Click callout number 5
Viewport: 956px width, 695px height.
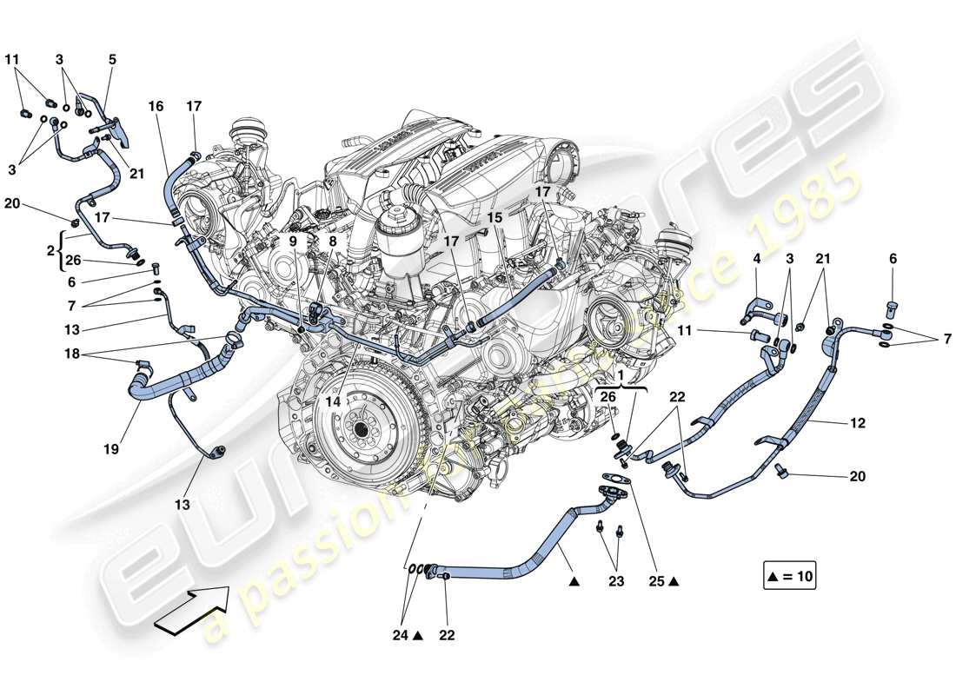pyautogui.click(x=112, y=60)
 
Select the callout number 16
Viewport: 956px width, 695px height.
pyautogui.click(x=156, y=106)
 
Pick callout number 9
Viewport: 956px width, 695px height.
pyautogui.click(x=293, y=242)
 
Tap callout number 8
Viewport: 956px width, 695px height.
pyautogui.click(x=332, y=242)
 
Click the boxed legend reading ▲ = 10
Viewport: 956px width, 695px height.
pyautogui.click(x=790, y=574)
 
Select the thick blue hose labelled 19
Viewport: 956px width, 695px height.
pyautogui.click(x=174, y=382)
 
